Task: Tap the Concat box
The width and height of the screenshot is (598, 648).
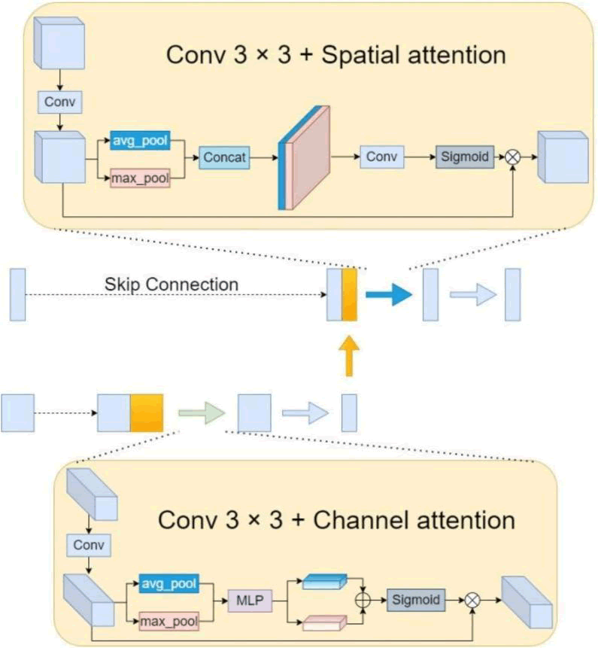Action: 224,157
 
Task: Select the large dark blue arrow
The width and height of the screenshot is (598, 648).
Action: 389,294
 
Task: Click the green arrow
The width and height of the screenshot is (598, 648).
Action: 202,412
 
